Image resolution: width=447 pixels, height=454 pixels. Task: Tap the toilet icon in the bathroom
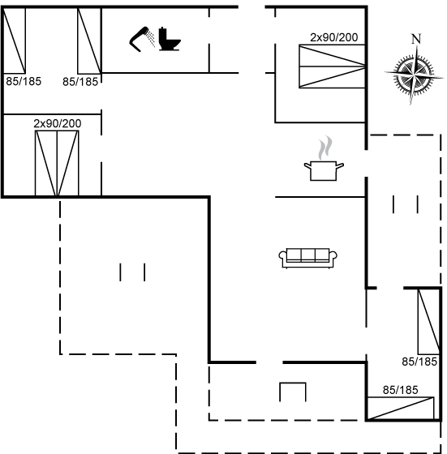(x=170, y=39)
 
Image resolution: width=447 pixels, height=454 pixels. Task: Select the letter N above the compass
(x=416, y=39)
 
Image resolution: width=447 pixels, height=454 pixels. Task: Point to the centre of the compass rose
(x=415, y=75)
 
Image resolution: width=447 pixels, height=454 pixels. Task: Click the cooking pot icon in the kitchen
(x=324, y=170)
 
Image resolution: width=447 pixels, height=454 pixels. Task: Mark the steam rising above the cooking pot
(x=325, y=148)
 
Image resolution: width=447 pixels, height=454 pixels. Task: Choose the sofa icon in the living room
(x=307, y=258)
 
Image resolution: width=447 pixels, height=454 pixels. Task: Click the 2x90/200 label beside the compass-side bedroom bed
(x=333, y=37)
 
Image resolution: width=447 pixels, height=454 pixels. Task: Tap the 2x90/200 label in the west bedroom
(x=58, y=123)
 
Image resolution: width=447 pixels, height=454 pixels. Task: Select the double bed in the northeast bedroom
(x=332, y=66)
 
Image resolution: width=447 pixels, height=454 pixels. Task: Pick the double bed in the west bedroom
(x=57, y=164)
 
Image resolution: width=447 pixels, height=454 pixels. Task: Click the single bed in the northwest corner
(x=14, y=41)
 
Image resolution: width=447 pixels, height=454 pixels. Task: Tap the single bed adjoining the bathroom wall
(x=89, y=41)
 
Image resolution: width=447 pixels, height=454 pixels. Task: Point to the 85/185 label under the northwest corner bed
(x=24, y=81)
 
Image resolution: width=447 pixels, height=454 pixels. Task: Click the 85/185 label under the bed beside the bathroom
(x=80, y=82)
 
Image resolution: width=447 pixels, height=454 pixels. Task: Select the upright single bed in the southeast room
(x=429, y=321)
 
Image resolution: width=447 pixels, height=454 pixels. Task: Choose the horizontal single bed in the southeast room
(x=401, y=409)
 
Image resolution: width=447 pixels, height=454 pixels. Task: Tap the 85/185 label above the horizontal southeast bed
(x=401, y=390)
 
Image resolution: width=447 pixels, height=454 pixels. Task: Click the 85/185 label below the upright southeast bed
(x=419, y=362)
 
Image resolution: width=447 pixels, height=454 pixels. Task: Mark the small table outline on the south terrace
(x=293, y=383)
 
